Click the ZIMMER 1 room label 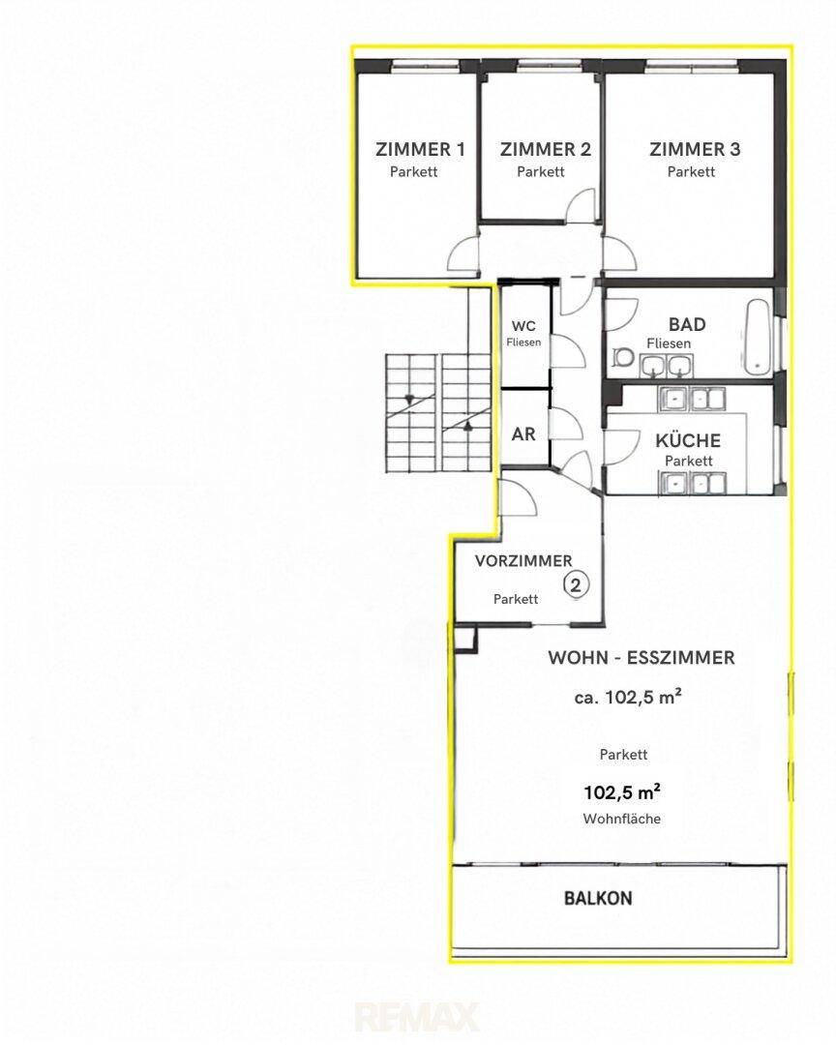(420, 149)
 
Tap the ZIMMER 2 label (546, 149)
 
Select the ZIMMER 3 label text (695, 149)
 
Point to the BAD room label (687, 324)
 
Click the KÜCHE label (688, 440)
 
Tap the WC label (523, 326)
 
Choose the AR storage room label (523, 433)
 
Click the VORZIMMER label (523, 561)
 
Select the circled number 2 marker (577, 584)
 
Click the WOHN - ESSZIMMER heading (642, 658)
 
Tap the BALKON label (598, 898)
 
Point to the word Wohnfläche (622, 819)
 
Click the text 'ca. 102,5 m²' (628, 697)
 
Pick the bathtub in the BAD (759, 338)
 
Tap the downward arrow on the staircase (408, 400)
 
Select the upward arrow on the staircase (468, 425)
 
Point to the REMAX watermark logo (417, 1017)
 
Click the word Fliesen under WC (523, 342)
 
